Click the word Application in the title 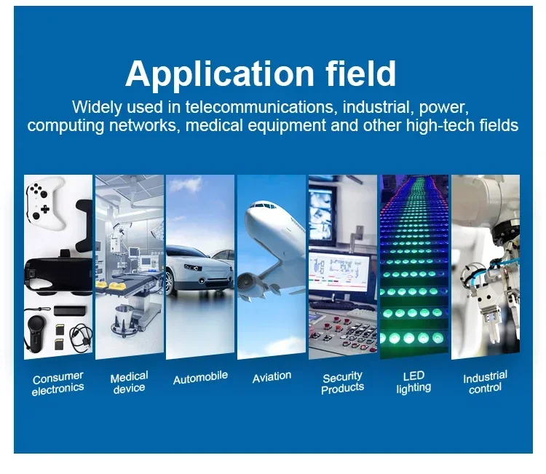click(220, 74)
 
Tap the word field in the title click(361, 73)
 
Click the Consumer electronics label click(58, 383)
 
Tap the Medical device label click(129, 382)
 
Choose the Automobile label click(201, 378)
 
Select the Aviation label click(272, 377)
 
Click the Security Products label click(342, 383)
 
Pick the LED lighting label click(414, 382)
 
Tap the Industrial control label click(485, 382)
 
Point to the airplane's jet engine click(249, 282)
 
